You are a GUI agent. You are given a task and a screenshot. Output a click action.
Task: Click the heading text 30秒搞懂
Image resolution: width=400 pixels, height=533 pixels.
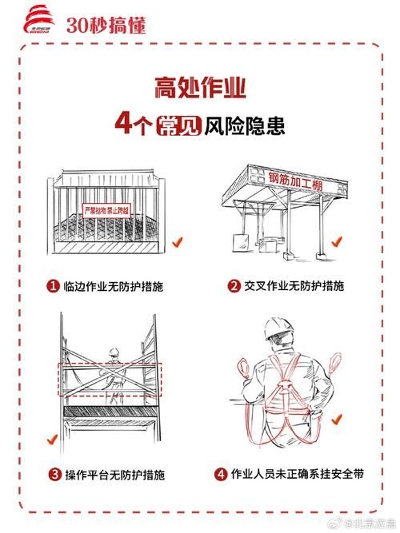coord(106,25)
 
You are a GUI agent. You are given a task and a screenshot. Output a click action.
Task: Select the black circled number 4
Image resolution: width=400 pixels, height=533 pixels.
coord(221,474)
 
